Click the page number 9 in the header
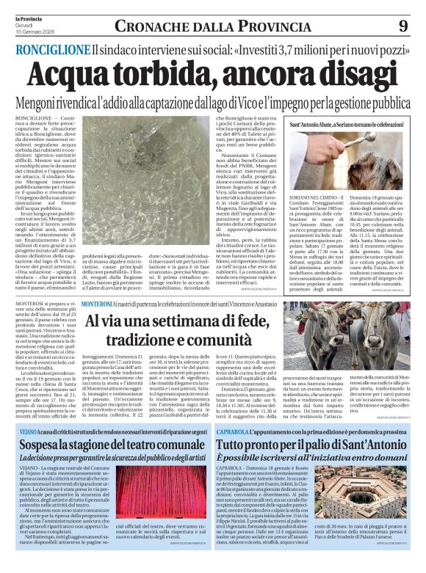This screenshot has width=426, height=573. point(402,26)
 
